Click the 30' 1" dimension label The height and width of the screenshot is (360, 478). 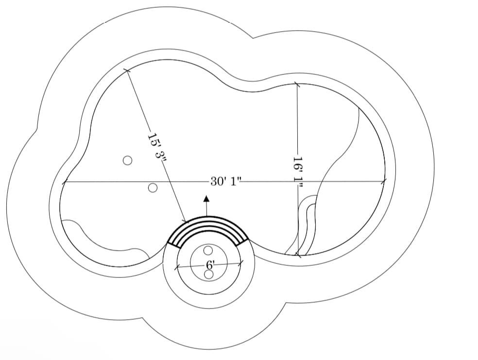(x=225, y=182)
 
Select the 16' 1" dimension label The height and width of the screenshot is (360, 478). (x=298, y=169)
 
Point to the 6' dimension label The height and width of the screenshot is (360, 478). (x=210, y=265)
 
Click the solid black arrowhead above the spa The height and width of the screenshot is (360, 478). (x=206, y=199)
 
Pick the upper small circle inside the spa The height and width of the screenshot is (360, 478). (x=208, y=251)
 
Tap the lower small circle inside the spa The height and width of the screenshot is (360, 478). (x=208, y=274)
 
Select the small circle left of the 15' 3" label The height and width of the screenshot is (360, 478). (x=127, y=160)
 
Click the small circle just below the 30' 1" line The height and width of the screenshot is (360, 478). (x=153, y=188)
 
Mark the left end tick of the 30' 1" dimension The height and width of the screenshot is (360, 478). (x=64, y=183)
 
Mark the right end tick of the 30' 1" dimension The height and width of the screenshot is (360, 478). (x=385, y=182)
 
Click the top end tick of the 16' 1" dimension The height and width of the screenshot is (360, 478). (x=297, y=85)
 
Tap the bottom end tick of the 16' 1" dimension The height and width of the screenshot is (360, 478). (x=297, y=255)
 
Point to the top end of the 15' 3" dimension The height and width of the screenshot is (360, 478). (x=127, y=70)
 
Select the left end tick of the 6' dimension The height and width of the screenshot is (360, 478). (x=176, y=267)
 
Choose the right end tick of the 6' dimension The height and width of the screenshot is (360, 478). (x=242, y=263)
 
